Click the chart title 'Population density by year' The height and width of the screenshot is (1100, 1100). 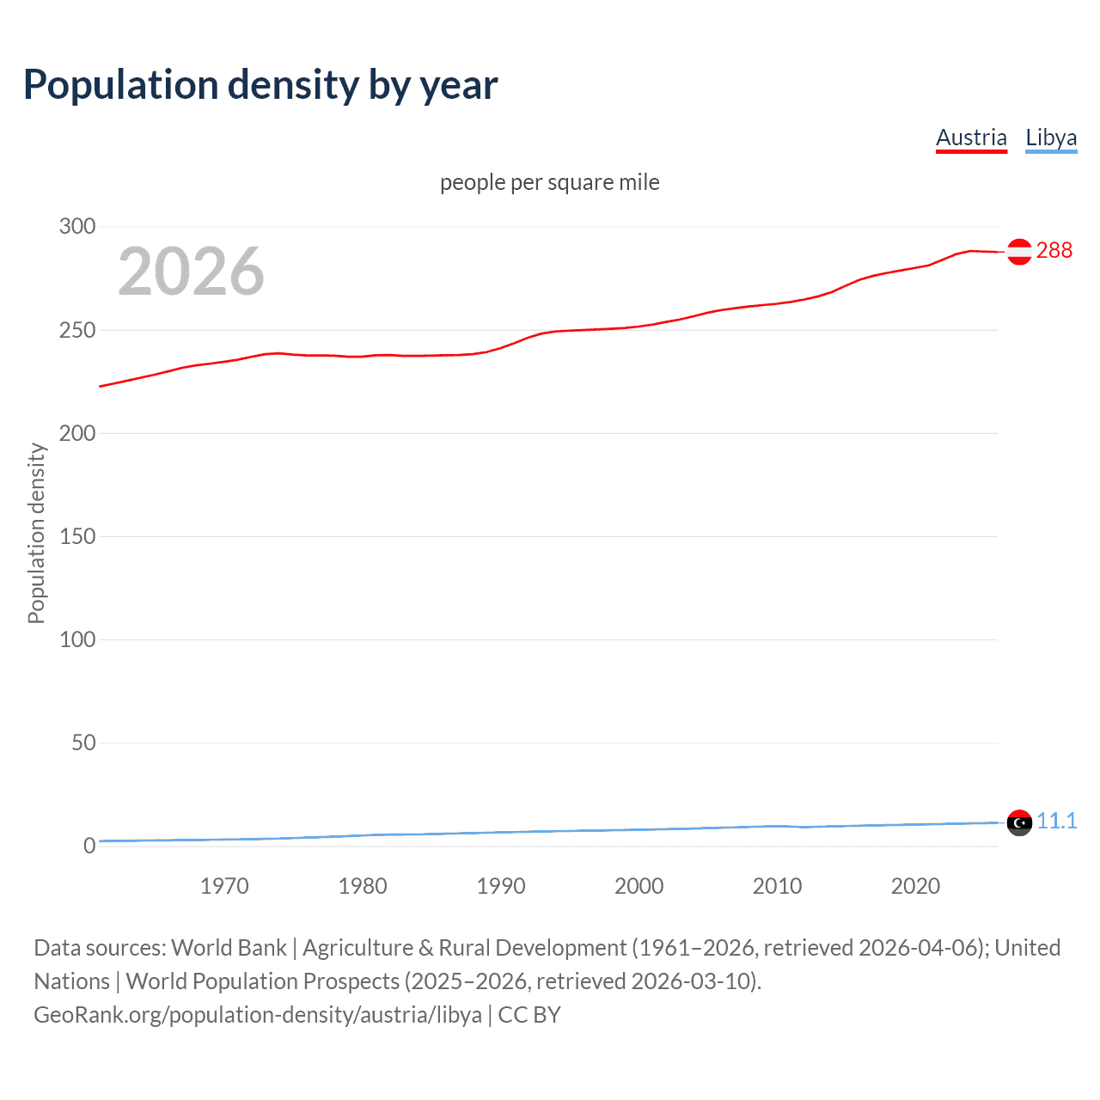[x=260, y=85]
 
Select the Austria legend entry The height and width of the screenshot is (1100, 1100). [x=971, y=137]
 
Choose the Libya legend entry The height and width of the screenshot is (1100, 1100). [x=1051, y=137]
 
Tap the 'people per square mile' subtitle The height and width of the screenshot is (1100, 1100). [x=549, y=182]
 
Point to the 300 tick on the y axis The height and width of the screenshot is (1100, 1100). [x=77, y=227]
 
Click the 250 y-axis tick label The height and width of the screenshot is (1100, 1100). [x=77, y=330]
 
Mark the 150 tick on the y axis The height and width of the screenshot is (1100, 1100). [x=77, y=536]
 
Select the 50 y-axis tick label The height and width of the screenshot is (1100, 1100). [x=83, y=742]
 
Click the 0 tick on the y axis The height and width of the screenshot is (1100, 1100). [x=89, y=846]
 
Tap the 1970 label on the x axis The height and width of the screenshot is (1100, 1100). [x=224, y=886]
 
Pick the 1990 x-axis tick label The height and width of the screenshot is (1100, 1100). [x=501, y=886]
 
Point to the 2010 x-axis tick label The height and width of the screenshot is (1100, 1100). [x=777, y=886]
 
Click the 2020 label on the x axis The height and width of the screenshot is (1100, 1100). [x=915, y=886]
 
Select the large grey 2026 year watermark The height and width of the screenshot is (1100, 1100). [x=191, y=272]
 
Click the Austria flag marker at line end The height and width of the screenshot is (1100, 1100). [x=1019, y=252]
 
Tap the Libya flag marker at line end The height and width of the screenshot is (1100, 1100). [x=1019, y=822]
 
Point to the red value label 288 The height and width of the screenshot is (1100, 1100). [x=1054, y=250]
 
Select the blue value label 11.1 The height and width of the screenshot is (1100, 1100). [x=1056, y=821]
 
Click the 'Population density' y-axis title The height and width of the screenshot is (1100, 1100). [x=36, y=533]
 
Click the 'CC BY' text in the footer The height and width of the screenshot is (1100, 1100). [x=529, y=1015]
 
